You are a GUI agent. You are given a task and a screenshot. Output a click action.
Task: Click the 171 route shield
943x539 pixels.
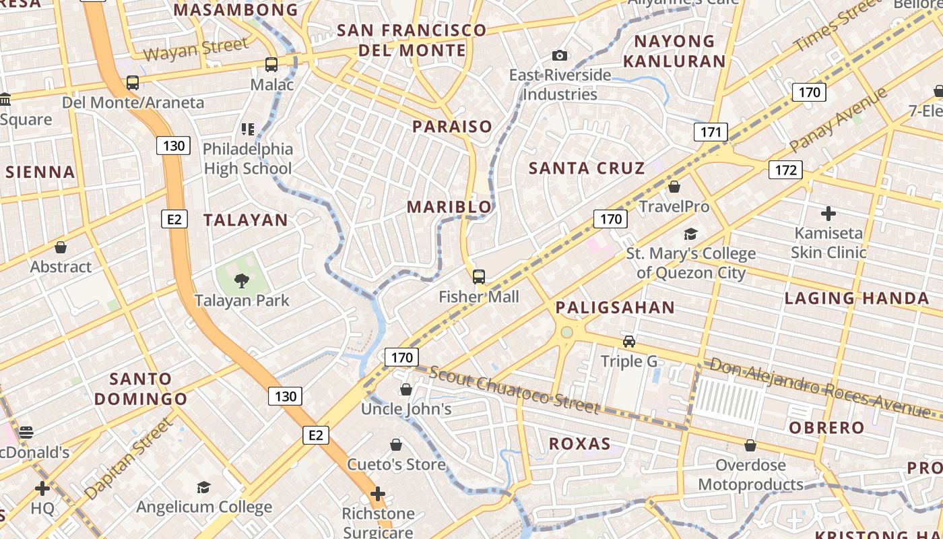711,132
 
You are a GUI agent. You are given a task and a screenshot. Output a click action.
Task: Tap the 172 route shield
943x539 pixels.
785,170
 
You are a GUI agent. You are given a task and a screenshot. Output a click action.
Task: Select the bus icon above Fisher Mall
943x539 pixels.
479,276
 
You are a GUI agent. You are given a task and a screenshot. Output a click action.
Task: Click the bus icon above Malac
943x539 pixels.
271,65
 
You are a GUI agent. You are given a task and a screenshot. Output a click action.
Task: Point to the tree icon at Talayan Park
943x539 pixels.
241,280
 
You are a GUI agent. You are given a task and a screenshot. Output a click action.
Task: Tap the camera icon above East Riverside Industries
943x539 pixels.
559,55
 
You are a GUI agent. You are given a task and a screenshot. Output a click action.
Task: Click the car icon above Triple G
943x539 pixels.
628,342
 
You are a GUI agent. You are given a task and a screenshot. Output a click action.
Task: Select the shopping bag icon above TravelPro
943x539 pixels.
674,187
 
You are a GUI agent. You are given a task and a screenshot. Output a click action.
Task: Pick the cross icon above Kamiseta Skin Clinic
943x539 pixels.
828,214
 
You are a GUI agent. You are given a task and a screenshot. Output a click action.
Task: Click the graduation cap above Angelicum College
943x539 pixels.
203,487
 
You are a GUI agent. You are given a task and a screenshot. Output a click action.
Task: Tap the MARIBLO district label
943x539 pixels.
449,208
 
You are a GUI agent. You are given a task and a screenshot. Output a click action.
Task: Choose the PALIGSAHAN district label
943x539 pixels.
614,308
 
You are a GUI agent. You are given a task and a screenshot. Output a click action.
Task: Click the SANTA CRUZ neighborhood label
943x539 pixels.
587,168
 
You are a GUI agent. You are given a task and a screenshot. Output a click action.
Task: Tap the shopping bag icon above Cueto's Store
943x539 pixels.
396,445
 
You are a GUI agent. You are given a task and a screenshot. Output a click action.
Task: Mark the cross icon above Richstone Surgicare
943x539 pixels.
378,495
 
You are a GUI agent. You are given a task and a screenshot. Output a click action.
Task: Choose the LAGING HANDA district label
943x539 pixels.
857,298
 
